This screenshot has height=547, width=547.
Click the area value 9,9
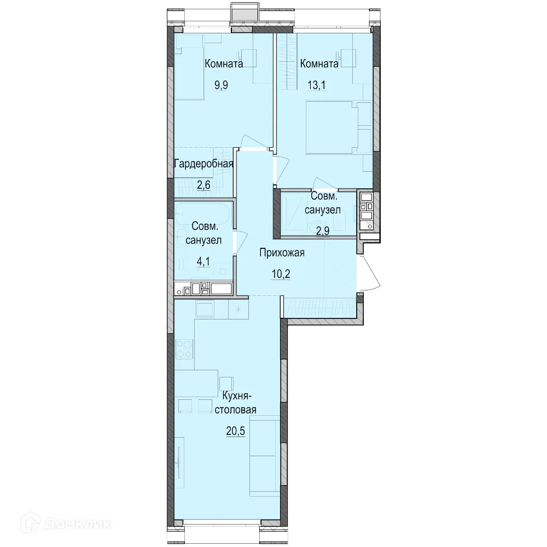[x=221, y=85]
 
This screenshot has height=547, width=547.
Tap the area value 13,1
[x=316, y=85]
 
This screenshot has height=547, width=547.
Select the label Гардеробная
[x=203, y=164]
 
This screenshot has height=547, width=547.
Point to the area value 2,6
[x=203, y=184]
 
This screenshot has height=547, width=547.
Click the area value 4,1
[x=203, y=261]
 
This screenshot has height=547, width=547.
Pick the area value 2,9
[x=323, y=231]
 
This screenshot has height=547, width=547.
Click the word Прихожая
[x=282, y=253]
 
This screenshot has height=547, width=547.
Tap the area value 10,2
[x=281, y=274]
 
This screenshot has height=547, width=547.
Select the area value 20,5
[x=235, y=431]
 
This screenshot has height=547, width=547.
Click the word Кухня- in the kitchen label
[x=237, y=396]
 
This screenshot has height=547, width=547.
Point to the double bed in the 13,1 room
[x=332, y=127]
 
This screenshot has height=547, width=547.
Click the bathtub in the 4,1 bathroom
[x=203, y=215]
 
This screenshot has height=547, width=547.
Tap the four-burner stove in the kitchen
[x=184, y=349]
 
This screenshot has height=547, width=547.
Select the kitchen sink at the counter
[x=205, y=309]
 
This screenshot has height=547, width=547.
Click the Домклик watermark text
[x=78, y=523]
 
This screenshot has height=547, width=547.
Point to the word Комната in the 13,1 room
[x=319, y=64]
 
